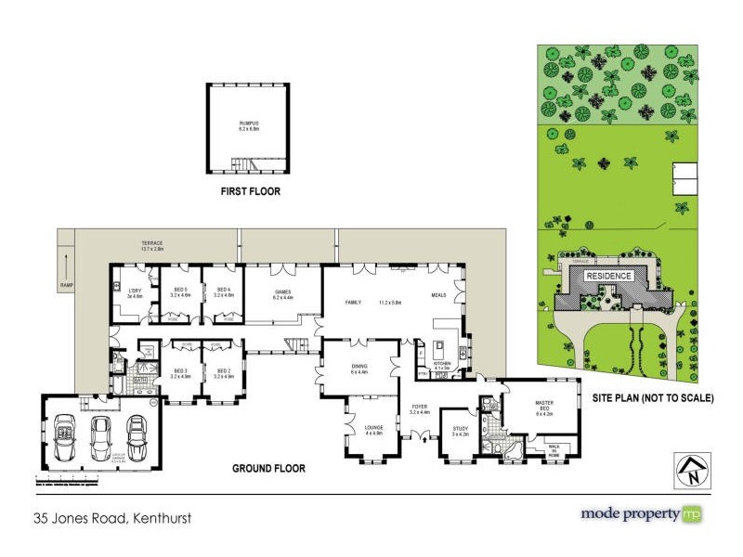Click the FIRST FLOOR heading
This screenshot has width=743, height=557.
click(x=250, y=192)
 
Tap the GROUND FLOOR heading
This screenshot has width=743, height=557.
click(x=268, y=469)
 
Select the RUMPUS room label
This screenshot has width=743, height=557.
click(x=247, y=125)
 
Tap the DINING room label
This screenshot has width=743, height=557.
click(x=359, y=369)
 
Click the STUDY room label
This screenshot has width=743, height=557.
click(x=460, y=430)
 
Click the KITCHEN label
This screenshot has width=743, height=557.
click(x=441, y=364)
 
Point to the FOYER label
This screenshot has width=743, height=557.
click(x=420, y=407)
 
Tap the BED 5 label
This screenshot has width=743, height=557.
click(x=179, y=291)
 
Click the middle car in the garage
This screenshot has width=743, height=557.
click(x=100, y=435)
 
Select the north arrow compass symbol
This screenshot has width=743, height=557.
click(x=690, y=470)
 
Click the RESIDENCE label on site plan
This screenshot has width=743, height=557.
click(x=608, y=276)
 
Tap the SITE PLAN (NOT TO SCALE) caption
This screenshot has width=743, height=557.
click(x=654, y=399)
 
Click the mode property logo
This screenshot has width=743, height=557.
click(x=641, y=513)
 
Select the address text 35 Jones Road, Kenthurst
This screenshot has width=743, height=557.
click(x=112, y=518)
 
